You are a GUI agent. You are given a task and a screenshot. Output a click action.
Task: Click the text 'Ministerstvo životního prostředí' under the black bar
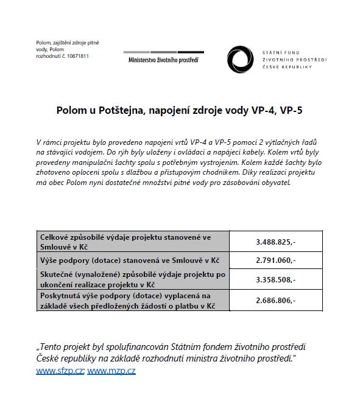click(163, 60)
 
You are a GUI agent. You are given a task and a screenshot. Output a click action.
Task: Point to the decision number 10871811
click(76, 56)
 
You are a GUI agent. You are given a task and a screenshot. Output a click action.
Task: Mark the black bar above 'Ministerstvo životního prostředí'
click(163, 53)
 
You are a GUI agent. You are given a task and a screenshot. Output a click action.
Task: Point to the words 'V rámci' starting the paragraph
click(48, 141)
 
